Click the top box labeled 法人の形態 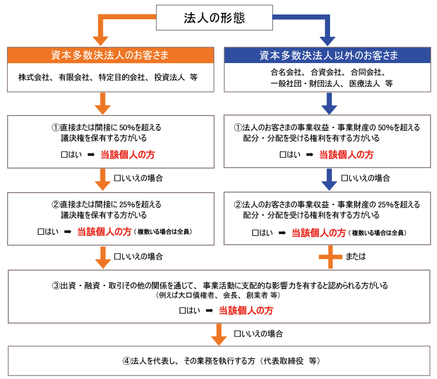click(x=215, y=17)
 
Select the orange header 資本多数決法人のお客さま click(x=109, y=56)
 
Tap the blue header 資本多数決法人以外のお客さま click(x=328, y=56)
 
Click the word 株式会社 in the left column click(x=33, y=77)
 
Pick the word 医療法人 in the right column click(x=361, y=83)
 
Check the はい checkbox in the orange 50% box click(x=56, y=155)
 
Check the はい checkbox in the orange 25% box click(x=41, y=232)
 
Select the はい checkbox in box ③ click(x=183, y=311)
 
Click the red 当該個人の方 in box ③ click(x=246, y=311)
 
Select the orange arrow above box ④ click(x=218, y=335)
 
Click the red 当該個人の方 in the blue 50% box click(x=346, y=155)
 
